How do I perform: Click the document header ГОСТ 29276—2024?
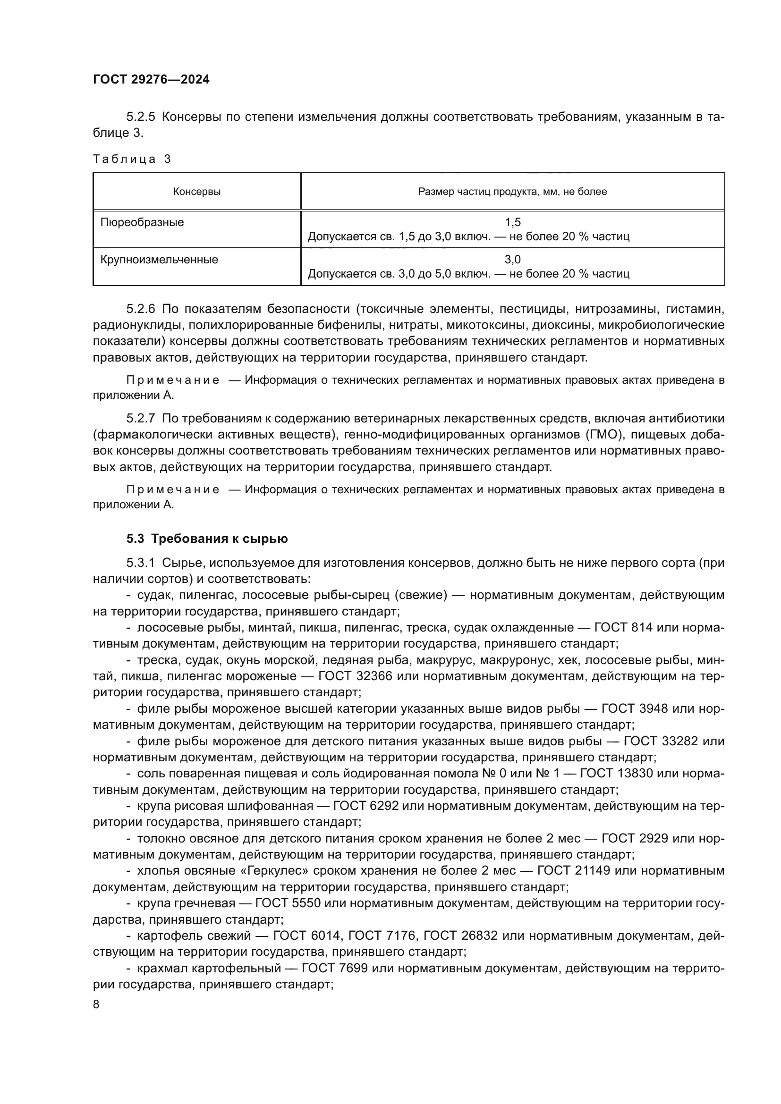pos(151,79)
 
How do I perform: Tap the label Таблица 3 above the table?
pos(132,159)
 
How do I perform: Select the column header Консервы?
pos(197,192)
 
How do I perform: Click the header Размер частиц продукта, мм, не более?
pos(512,192)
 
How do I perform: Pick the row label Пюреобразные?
pos(142,223)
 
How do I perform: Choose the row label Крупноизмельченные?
pos(159,260)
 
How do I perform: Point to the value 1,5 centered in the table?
pos(513,222)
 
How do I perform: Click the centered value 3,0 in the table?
pos(513,260)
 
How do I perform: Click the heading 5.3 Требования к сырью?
pos(207,539)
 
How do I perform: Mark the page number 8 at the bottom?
pos(96,1004)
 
